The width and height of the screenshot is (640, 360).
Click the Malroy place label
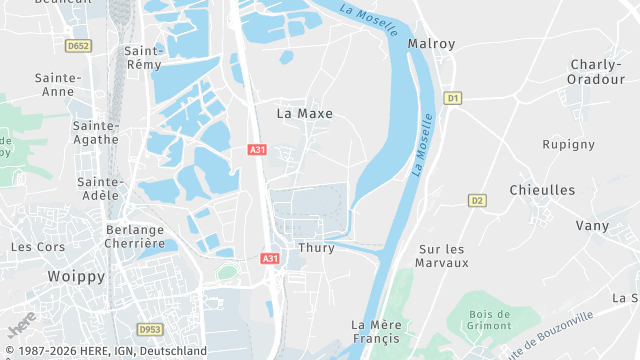click(x=431, y=44)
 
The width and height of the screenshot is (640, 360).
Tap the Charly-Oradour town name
click(x=596, y=72)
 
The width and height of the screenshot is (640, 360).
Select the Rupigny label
click(x=569, y=144)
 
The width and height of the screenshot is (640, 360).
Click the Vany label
click(x=592, y=226)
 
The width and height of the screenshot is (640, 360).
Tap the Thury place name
click(x=316, y=248)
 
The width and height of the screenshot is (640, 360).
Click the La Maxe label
click(x=304, y=114)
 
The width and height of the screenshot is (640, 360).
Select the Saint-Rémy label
click(x=145, y=57)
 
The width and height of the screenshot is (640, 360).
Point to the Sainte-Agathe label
click(x=96, y=133)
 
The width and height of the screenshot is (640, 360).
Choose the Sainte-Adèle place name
click(x=100, y=189)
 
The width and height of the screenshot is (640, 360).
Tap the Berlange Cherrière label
click(x=134, y=236)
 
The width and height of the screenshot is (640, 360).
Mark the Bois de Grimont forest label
click(x=489, y=320)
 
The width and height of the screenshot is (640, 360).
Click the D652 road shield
click(x=78, y=45)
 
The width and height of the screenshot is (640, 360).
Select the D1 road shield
click(x=453, y=98)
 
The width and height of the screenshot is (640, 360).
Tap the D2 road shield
click(x=477, y=201)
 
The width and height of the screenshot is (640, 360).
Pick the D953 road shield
click(x=150, y=329)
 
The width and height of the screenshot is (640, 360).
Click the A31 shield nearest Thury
click(x=270, y=259)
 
